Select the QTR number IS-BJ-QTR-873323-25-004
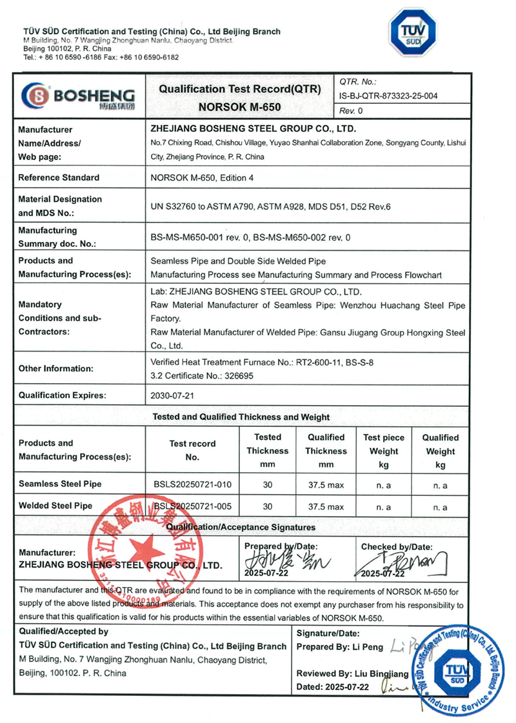(x=388, y=96)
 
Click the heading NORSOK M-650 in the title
(x=240, y=106)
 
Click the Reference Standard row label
(x=59, y=177)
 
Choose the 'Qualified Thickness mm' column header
(x=326, y=451)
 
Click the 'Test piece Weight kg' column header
(x=384, y=451)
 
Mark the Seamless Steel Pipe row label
(x=60, y=484)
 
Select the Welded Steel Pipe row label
(x=55, y=507)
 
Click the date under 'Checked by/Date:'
(x=383, y=574)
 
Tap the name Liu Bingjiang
(x=381, y=673)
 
